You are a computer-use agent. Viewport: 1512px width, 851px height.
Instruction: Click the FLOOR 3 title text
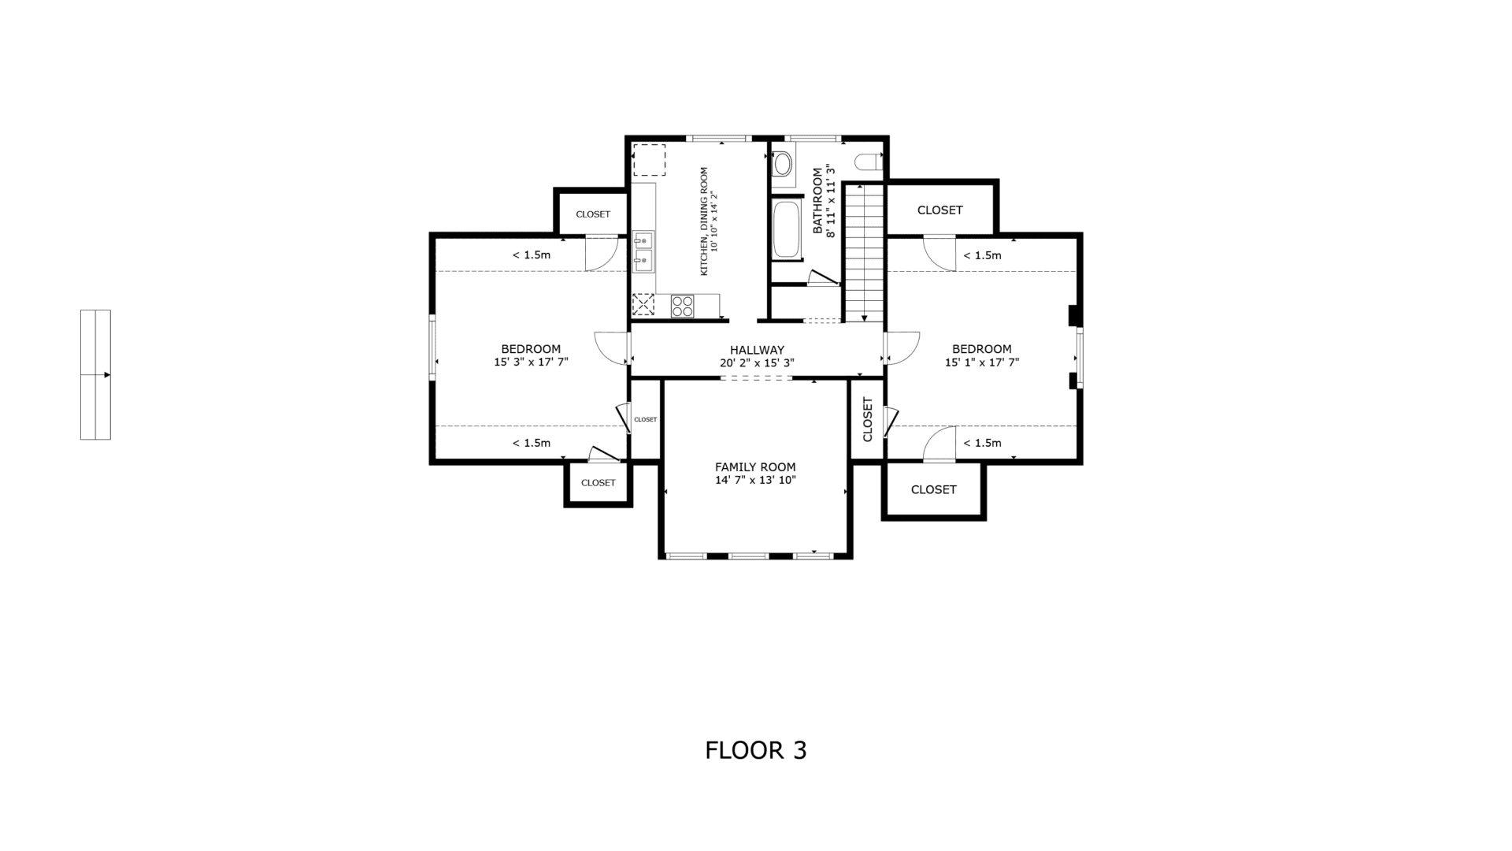tap(756, 750)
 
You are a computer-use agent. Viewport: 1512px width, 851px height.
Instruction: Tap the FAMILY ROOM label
tap(755, 467)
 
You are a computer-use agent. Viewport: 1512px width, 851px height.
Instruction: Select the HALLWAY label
tap(757, 350)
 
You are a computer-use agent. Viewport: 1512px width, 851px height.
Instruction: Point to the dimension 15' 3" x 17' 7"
tap(531, 362)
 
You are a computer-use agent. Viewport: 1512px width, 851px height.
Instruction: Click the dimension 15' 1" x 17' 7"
tap(982, 362)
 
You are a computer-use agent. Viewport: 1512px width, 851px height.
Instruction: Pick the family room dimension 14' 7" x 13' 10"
tap(755, 480)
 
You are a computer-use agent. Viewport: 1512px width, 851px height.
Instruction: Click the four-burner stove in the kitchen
tap(683, 306)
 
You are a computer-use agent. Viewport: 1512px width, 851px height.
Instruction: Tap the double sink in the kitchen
tap(643, 251)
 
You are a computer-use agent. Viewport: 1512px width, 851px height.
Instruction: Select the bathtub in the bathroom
tap(786, 230)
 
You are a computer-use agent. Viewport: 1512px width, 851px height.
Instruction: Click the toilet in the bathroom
tap(866, 162)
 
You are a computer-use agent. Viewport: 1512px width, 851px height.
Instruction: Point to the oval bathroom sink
tap(783, 164)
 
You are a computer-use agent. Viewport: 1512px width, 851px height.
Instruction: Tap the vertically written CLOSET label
tap(868, 419)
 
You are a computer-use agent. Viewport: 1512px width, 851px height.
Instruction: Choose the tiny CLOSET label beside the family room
tap(646, 419)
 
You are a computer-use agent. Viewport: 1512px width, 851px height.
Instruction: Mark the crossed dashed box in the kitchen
tap(643, 305)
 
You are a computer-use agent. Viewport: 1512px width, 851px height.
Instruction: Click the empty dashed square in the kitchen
tap(650, 160)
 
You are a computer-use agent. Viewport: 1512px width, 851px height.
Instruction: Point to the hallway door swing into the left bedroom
tap(612, 347)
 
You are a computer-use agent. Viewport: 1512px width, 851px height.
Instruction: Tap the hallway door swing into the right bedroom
tap(902, 347)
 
